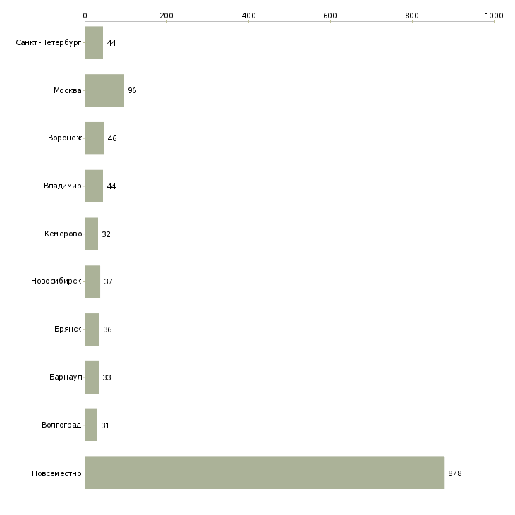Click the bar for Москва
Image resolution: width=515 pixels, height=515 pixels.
pyautogui.click(x=104, y=90)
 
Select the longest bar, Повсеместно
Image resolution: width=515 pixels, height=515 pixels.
pyautogui.click(x=265, y=473)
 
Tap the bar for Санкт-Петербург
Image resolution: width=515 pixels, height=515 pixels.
pyautogui.click(x=94, y=42)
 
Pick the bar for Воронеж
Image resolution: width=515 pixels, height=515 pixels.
pyautogui.click(x=95, y=138)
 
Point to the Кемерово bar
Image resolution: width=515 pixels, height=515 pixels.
pyautogui.click(x=92, y=234)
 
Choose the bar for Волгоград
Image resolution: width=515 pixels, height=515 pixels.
pyautogui.click(x=91, y=425)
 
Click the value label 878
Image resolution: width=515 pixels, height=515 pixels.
pyautogui.click(x=455, y=473)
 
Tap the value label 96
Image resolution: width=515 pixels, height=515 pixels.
pyautogui.click(x=132, y=90)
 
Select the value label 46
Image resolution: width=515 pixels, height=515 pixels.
pyautogui.click(x=112, y=138)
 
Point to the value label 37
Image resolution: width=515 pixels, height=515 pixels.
pyautogui.click(x=108, y=281)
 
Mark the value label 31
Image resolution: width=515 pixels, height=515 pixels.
pyautogui.click(x=105, y=425)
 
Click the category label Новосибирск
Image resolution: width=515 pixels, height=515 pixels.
pyautogui.click(x=56, y=281)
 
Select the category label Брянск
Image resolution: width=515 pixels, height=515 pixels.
pyautogui.click(x=68, y=329)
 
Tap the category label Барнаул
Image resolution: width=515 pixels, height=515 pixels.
pyautogui.click(x=66, y=377)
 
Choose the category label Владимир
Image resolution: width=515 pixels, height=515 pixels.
pyautogui.click(x=62, y=186)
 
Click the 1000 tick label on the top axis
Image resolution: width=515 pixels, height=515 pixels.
pyautogui.click(x=494, y=16)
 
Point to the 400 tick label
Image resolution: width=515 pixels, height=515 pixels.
pyautogui.click(x=248, y=16)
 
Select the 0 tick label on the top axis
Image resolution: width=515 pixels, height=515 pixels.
pyautogui.click(x=85, y=16)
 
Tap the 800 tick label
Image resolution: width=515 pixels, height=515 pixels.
pyautogui.click(x=412, y=16)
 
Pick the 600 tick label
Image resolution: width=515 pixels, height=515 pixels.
pyautogui.click(x=330, y=16)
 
